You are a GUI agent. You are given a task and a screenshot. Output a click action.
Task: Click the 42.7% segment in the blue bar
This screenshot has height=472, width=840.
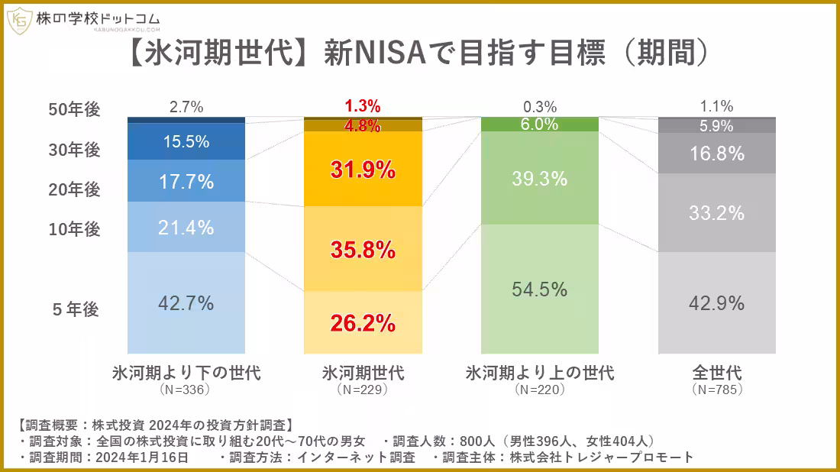(186, 303)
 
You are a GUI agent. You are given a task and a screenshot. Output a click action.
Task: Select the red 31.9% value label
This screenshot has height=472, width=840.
(363, 170)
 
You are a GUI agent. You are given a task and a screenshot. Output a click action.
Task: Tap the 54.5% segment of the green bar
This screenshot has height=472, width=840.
(539, 289)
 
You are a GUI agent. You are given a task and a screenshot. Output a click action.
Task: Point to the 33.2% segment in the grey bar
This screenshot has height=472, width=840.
(716, 213)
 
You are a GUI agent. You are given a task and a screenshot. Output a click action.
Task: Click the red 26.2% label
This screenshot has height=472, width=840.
(363, 323)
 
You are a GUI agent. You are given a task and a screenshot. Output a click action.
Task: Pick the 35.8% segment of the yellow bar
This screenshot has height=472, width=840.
(363, 249)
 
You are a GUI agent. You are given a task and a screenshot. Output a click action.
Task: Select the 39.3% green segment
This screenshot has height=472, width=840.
(539, 179)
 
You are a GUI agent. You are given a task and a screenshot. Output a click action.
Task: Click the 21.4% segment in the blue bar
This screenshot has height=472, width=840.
(186, 227)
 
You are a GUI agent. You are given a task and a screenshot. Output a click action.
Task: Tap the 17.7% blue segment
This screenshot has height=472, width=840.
(186, 182)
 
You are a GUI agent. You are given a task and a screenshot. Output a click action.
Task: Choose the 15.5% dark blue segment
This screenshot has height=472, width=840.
(186, 141)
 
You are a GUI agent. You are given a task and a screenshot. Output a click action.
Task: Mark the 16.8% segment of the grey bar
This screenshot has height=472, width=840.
(716, 154)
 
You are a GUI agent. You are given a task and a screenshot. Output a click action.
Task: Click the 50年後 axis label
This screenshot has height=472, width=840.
(74, 110)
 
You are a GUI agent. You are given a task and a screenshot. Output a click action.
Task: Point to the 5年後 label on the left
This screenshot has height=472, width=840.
(76, 309)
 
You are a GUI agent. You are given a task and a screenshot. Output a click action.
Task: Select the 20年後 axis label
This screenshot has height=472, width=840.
(74, 190)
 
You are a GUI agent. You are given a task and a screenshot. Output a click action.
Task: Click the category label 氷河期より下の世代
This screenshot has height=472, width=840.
(186, 373)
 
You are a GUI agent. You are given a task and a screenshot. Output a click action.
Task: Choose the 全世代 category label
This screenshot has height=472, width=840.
(716, 373)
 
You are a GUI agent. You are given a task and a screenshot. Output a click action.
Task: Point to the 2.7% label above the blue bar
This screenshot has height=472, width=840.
(186, 108)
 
